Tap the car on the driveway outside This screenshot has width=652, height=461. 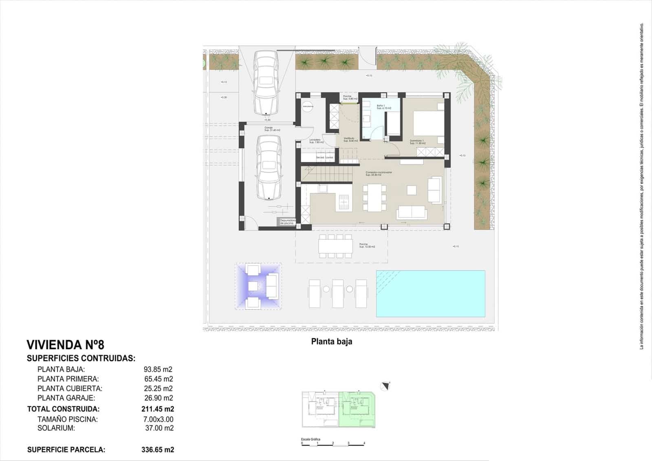coord(266,83)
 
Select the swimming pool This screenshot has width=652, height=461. coord(430,293)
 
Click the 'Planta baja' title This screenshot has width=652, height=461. coord(332,341)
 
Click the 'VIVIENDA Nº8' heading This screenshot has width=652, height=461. coord(65,345)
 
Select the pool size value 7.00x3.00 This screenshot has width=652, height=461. coord(159,419)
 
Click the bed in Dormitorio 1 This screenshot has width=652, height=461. coord(429,122)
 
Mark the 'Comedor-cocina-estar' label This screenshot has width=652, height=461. coord(379,173)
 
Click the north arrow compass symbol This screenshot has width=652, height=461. coord(385,385)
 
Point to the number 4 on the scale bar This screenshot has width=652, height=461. coord(364,443)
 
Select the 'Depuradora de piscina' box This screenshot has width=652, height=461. coord(288,222)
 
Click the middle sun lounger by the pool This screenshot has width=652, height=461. coord(338,293)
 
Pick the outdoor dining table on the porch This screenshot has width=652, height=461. coord(336,246)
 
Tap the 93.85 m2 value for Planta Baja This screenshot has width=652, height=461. coord(158,370)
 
